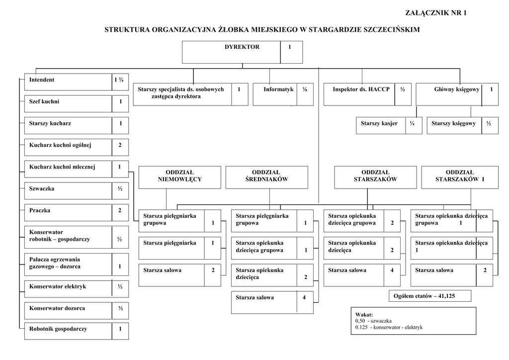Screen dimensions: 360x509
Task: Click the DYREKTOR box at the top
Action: [x=242, y=52]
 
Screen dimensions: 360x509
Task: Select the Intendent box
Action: [x=76, y=82]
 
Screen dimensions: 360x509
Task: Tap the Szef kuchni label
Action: [x=44, y=101]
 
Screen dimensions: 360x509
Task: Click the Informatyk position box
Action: [x=283, y=94]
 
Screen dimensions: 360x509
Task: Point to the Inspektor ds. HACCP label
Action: [x=361, y=90]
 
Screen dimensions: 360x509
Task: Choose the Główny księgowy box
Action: [x=457, y=94]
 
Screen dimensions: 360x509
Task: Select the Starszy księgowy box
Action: [x=462, y=125]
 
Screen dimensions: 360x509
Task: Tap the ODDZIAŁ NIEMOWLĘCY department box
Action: [x=179, y=177]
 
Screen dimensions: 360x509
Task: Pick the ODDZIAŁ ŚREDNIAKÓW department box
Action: [x=266, y=177]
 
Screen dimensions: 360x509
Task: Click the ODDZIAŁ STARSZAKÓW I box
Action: [x=459, y=177]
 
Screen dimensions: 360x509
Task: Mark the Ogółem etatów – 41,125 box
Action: [x=430, y=296]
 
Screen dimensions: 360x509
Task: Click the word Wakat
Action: [x=364, y=315]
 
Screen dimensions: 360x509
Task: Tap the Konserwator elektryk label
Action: [x=58, y=286]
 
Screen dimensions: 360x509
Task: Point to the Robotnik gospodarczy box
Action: [x=76, y=331]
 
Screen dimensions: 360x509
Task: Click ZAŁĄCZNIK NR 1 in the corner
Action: [x=436, y=13]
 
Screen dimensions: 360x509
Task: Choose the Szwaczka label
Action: [x=42, y=189]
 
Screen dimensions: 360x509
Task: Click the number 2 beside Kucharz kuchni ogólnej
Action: [x=120, y=145]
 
